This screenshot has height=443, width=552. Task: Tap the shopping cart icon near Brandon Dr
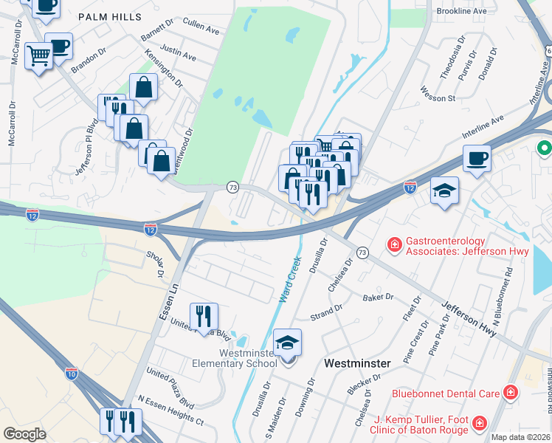point(38,55)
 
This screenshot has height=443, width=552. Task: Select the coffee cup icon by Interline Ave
point(477,158)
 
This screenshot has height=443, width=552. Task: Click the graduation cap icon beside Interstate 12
point(444,190)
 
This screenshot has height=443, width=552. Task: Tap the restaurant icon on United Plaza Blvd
point(204,316)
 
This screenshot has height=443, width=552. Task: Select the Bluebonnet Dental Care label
point(445,393)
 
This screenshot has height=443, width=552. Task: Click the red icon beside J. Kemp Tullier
point(480,423)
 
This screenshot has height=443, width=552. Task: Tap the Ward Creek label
point(290,280)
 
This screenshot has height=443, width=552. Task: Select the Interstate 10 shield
point(72,374)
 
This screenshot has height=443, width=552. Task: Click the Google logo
point(24,434)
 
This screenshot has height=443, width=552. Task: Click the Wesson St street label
point(438,98)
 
